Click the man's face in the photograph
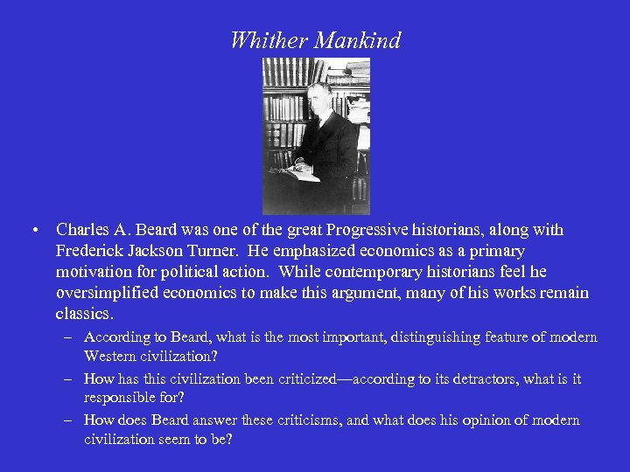click(x=317, y=97)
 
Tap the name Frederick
click(x=89, y=251)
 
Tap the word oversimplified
click(x=107, y=293)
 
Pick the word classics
click(x=84, y=314)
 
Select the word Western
click(x=113, y=356)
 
